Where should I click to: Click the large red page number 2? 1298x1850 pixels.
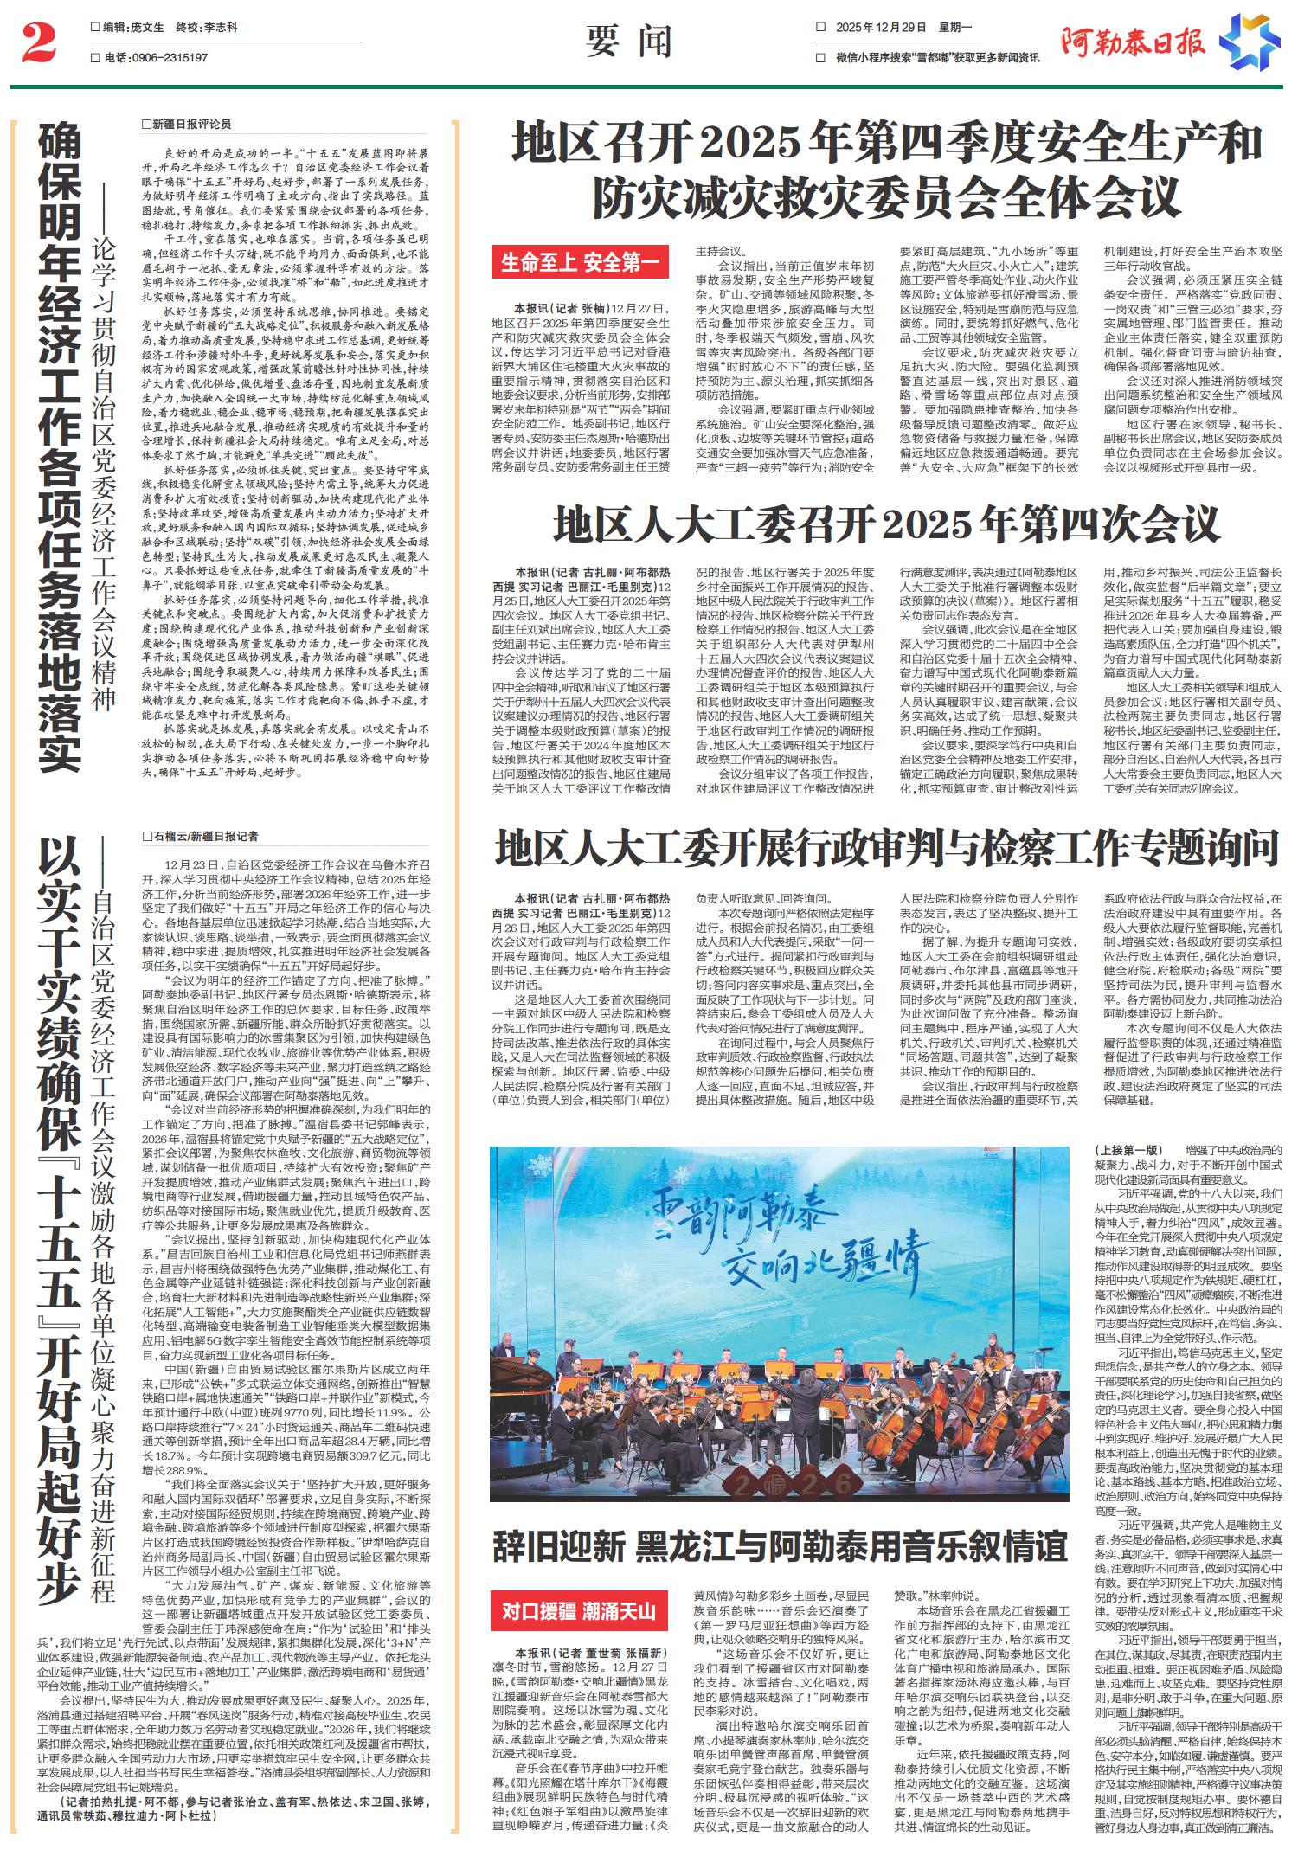coord(38,43)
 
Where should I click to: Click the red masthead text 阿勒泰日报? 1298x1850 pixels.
coord(1134,42)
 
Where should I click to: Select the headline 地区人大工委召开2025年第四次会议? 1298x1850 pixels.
coord(886,524)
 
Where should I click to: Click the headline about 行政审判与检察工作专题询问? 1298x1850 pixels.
coord(886,848)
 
